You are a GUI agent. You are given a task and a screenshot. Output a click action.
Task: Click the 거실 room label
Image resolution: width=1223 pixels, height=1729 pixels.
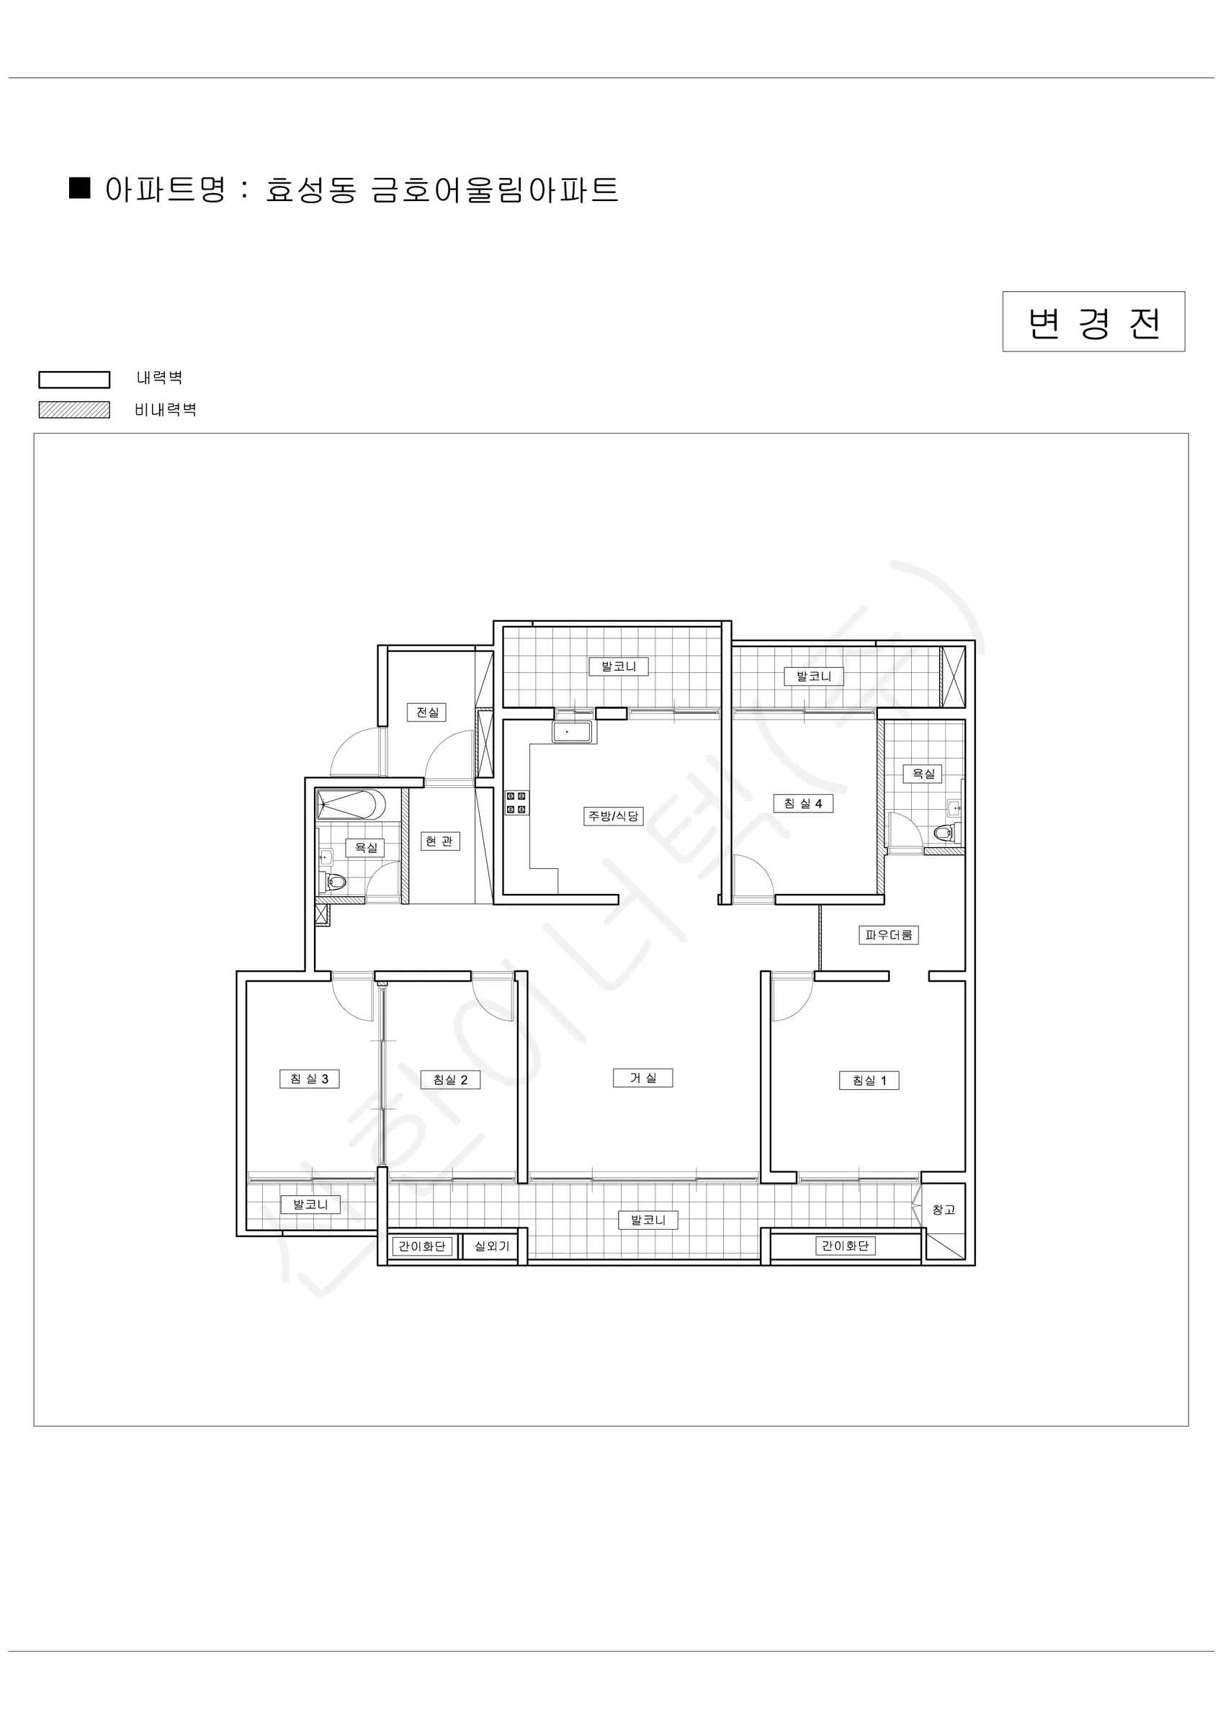642,1078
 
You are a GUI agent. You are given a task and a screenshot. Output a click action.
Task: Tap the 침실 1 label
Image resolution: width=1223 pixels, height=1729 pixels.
869,1080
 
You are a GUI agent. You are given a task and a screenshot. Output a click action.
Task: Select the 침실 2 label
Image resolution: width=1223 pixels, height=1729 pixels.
449,1079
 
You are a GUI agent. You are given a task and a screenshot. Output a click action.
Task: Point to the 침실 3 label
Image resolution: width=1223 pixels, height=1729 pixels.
309,1078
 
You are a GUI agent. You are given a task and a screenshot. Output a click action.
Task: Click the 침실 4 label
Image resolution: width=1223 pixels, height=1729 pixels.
803,803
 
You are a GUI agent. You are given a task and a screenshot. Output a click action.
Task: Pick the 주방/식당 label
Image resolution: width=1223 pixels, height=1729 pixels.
613,816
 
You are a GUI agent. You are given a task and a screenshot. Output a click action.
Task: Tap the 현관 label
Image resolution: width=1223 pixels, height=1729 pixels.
439,841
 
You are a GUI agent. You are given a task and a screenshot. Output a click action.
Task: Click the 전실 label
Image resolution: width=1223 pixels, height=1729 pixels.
427,712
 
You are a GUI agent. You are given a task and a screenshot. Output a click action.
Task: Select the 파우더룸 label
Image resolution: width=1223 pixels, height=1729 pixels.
889,934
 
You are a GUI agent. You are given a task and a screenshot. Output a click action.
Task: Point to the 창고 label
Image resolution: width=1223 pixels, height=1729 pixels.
943,1210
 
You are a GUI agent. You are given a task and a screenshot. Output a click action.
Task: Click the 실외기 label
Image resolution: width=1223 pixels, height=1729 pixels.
492,1246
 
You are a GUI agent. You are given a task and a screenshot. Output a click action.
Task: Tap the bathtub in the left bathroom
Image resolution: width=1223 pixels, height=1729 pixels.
351,805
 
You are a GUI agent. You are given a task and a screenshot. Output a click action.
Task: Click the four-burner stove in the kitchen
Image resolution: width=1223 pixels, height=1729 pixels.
516,802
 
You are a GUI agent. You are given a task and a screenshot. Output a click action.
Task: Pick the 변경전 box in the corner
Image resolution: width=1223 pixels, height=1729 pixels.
1093,321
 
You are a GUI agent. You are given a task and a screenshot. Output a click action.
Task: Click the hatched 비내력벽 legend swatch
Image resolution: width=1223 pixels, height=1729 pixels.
75,410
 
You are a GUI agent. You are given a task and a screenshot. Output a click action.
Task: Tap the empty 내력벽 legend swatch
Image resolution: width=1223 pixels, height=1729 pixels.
75,380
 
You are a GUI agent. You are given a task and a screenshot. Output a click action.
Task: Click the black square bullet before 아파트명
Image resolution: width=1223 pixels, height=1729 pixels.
80,187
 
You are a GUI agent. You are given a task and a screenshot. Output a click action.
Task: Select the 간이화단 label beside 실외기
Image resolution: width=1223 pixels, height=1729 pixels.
422,1246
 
